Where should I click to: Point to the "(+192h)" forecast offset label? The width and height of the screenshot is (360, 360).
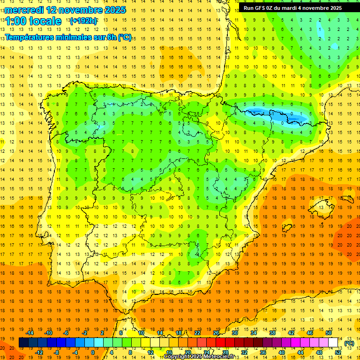[83, 21]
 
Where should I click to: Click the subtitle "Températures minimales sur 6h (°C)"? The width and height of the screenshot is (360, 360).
[68, 37]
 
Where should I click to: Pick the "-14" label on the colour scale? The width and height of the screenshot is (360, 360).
[30, 333]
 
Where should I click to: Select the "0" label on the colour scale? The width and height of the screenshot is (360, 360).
[93, 352]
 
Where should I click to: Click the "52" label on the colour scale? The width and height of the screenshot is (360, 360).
[338, 352]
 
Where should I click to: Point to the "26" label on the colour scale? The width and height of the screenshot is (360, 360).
[216, 333]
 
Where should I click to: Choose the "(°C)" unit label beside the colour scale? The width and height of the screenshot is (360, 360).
[349, 343]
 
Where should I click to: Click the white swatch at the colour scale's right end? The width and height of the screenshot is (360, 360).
[333, 343]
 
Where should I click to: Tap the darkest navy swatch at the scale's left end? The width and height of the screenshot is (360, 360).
[23, 343]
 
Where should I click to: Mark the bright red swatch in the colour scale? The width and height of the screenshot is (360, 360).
[220, 343]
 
